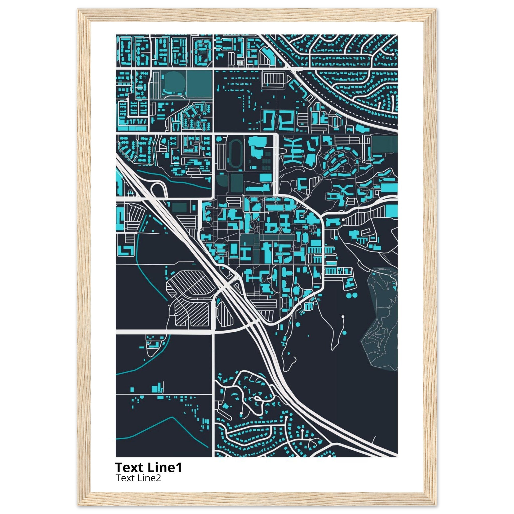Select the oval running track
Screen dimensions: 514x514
[x=234, y=154]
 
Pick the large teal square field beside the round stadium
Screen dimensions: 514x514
[x=199, y=84]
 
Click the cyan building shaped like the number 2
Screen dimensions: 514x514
[x=286, y=121]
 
